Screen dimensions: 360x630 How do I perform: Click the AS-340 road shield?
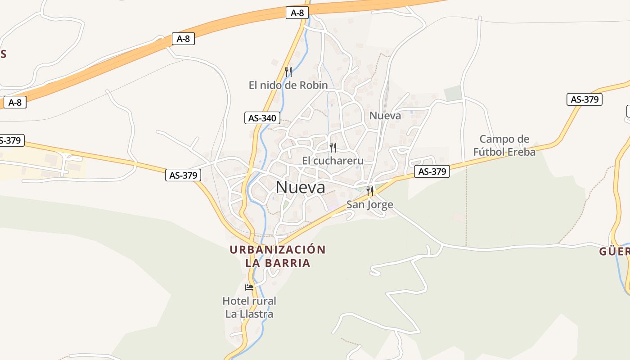point(262,118)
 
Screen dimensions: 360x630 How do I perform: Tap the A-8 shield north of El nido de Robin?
point(297,13)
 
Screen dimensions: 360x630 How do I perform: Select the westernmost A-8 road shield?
point(15,103)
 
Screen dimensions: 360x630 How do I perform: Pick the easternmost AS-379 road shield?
point(584,100)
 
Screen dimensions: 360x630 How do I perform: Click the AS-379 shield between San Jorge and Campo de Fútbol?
point(432,171)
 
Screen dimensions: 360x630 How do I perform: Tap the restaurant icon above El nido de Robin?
point(288,72)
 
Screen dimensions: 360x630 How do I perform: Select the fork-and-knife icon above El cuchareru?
point(333,147)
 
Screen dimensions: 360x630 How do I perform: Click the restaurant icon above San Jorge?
point(370,191)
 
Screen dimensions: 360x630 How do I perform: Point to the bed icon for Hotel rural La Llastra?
point(249,288)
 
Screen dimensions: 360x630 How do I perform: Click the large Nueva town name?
point(300,187)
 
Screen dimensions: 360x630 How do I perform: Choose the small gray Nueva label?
point(385,116)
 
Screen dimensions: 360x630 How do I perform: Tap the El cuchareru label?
point(333,161)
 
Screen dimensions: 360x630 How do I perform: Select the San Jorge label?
point(369,205)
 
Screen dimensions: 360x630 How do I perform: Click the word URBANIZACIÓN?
point(278,250)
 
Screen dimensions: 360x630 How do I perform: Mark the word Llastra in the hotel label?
point(257,314)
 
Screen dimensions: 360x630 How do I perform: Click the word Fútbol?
point(490,152)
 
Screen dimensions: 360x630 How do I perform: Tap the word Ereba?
point(522,152)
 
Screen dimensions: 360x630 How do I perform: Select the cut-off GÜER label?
point(615,252)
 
